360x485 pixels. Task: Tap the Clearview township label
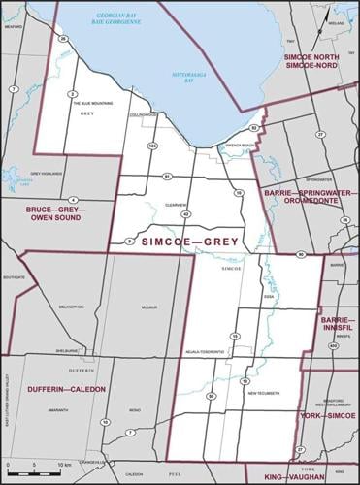[x=175, y=205]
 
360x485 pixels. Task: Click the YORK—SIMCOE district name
[x=327, y=415]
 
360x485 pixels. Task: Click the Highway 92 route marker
[x=253, y=128]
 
